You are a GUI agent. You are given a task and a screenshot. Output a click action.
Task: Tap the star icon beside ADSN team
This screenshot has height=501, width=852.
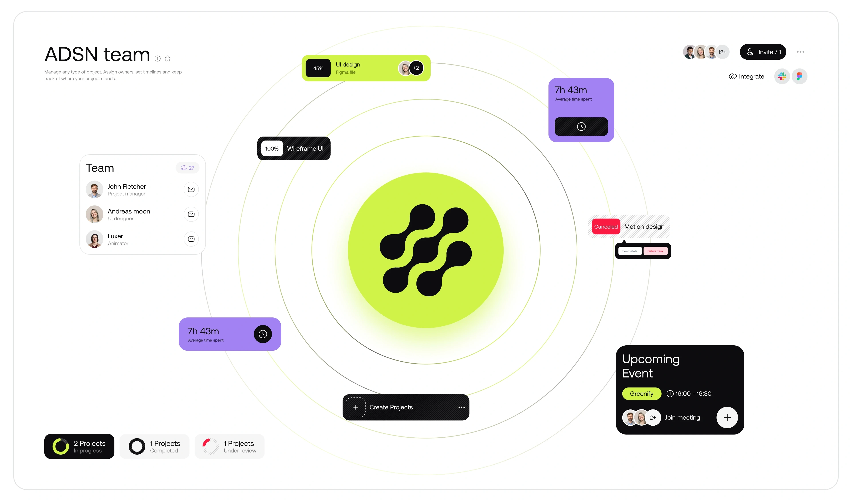167,59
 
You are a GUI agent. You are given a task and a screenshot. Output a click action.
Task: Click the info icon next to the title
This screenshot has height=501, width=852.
158,59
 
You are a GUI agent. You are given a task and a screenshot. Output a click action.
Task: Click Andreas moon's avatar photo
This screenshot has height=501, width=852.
94,214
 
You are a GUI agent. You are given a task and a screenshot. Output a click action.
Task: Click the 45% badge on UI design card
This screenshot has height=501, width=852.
318,68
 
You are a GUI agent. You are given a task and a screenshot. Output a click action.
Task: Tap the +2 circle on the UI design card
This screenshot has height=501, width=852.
416,68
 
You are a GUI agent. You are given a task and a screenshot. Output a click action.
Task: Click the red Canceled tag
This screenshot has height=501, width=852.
606,227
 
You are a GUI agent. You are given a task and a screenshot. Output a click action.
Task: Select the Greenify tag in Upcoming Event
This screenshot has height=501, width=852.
642,393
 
